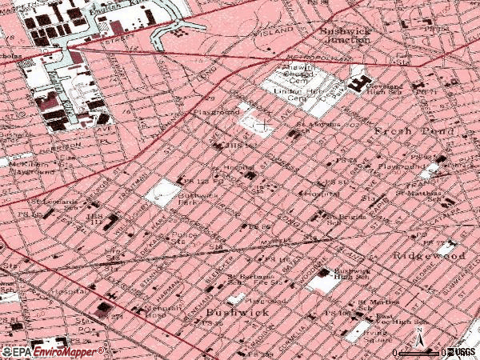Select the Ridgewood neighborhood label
click(430, 256)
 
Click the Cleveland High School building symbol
click(358, 82)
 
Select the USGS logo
click(462, 351)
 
